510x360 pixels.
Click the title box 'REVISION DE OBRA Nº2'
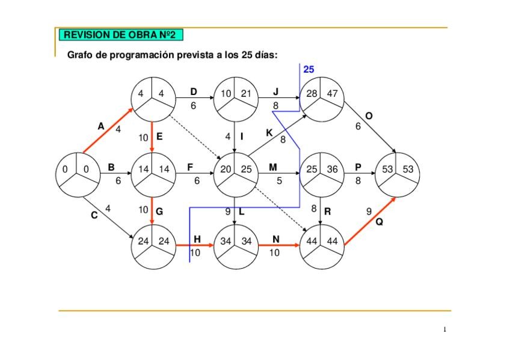(x=120, y=35)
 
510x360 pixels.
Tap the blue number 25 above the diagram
(x=309, y=70)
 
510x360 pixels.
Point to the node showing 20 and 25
(x=235, y=174)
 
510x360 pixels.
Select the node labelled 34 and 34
(x=235, y=246)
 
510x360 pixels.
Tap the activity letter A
(x=100, y=126)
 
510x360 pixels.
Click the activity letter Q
(x=379, y=222)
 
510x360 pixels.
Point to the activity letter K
(x=269, y=133)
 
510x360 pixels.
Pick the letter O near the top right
(x=369, y=115)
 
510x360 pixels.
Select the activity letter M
(x=273, y=166)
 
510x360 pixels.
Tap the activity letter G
(x=159, y=212)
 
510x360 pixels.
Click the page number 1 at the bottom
(x=444, y=329)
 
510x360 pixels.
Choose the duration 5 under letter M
(x=279, y=180)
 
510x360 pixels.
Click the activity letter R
(x=327, y=212)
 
